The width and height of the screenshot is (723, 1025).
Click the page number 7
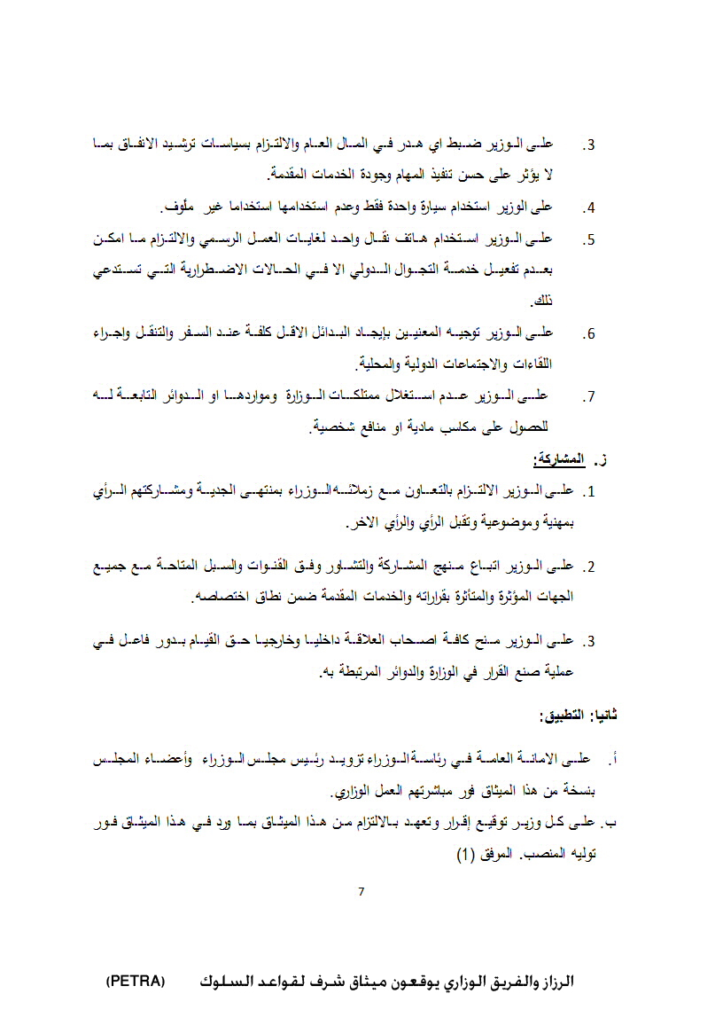pyautogui.click(x=361, y=891)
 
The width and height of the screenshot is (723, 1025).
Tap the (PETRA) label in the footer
pyautogui.click(x=136, y=982)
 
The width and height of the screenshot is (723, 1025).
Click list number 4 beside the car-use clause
pyautogui.click(x=587, y=209)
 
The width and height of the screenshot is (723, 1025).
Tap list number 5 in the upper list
pyautogui.click(x=587, y=239)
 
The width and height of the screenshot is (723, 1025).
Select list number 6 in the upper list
pyautogui.click(x=587, y=334)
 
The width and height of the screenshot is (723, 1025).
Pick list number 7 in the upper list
pyautogui.click(x=587, y=396)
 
